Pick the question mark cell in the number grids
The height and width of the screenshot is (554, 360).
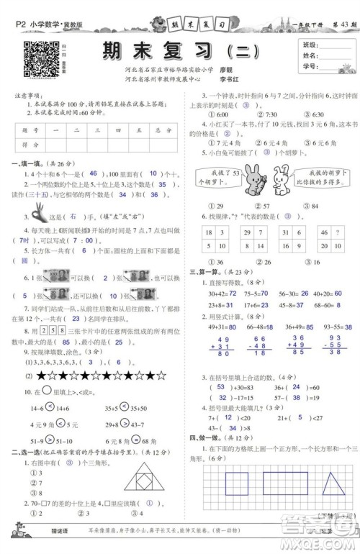[323, 233]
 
